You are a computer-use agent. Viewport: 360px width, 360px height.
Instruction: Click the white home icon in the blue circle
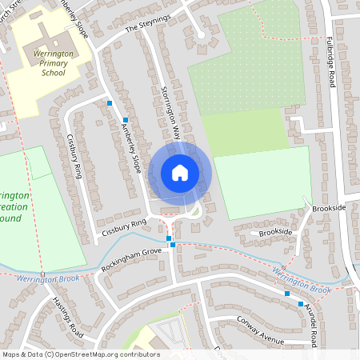point(179,172)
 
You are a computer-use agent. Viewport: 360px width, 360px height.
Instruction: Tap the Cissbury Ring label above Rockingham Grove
point(122,228)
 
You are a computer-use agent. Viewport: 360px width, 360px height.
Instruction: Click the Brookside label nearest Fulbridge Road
point(329,207)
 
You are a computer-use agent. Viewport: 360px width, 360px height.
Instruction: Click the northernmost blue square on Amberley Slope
point(110,103)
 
